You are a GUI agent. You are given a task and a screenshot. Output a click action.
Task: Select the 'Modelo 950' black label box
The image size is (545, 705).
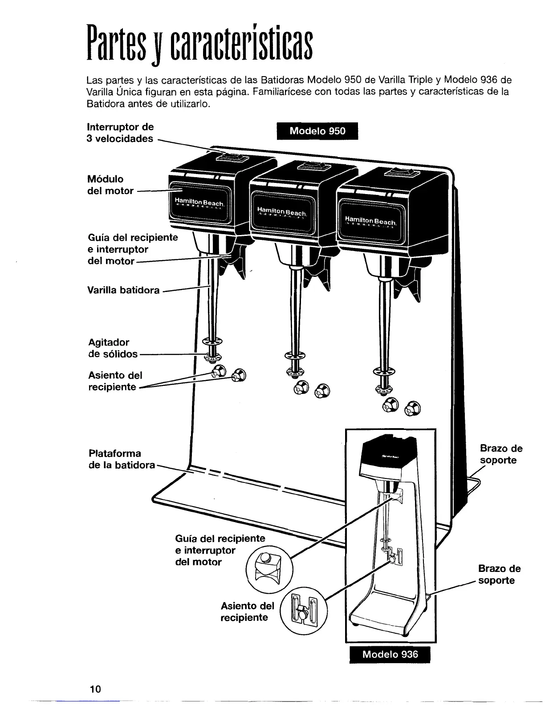(x=317, y=131)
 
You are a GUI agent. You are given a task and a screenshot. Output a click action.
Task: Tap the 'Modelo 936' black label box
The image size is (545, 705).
(x=390, y=654)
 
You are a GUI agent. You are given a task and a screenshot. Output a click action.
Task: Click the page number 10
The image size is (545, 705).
(x=95, y=689)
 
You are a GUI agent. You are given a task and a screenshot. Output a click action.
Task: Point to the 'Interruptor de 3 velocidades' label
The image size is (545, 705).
(x=120, y=133)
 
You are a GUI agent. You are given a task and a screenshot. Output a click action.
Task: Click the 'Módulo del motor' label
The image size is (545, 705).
(x=110, y=185)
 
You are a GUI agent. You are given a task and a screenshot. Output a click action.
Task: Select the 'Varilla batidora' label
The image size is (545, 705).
(x=123, y=290)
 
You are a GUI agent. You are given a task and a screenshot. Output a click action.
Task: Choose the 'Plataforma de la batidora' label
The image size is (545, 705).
(x=121, y=459)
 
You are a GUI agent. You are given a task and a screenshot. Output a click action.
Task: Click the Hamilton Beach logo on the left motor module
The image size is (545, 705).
(x=199, y=203)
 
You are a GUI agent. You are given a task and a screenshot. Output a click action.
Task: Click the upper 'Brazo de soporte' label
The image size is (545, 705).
(x=500, y=454)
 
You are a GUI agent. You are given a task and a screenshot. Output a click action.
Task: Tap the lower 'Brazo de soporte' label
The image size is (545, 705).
(x=499, y=574)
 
